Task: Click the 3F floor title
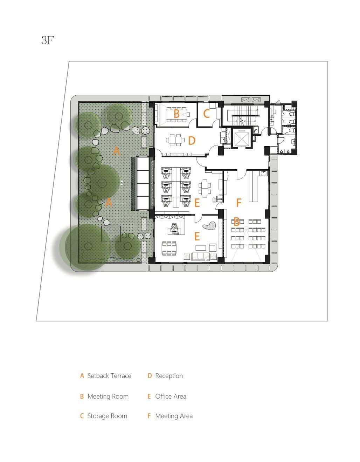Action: (48, 40)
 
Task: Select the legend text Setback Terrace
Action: (109, 376)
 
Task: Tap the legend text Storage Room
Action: (107, 416)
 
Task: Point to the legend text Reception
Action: (169, 376)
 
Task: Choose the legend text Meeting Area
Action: (174, 416)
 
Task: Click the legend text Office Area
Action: (171, 396)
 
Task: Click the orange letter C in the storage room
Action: (206, 113)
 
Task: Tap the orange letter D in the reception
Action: (192, 141)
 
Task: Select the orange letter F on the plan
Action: (239, 203)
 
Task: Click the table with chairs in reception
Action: (176, 140)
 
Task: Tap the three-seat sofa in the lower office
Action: (200, 256)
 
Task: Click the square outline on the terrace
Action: (111, 234)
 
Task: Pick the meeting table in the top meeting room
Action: (176, 115)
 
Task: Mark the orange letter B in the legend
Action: (82, 396)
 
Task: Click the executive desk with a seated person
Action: (175, 229)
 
